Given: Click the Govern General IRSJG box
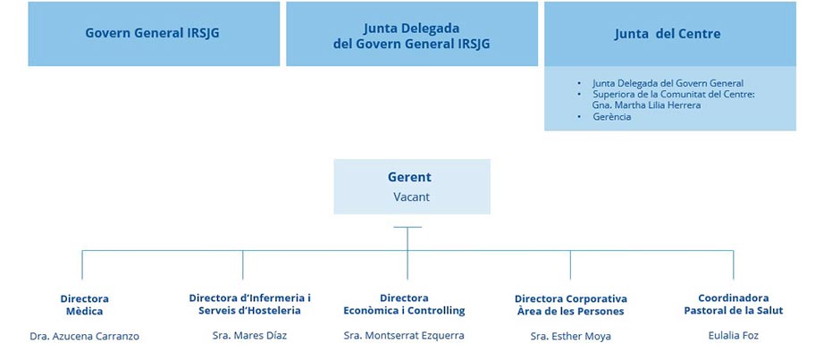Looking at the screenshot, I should pos(152,34).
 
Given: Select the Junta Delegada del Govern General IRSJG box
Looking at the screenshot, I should pos(411,35).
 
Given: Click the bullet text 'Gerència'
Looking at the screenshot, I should pos(612,117).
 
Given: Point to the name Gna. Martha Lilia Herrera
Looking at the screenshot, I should pos(646,105).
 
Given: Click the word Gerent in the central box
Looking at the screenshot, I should pos(409,177).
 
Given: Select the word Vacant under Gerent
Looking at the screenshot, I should pos(410,196).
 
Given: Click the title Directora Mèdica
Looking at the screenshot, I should pos(84,305).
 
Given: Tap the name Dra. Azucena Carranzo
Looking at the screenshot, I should pos(84,336).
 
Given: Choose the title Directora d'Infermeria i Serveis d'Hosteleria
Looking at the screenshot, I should pos(249,305).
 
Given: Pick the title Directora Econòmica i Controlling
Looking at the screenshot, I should pos(404,305).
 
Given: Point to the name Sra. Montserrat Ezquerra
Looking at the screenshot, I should pos(404,336).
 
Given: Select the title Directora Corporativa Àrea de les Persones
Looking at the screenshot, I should pos(570,305).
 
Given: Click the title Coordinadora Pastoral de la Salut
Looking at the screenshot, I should pos(733,305).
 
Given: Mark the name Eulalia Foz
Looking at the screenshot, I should pos(733,336).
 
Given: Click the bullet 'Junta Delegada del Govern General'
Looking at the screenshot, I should pos(668,83).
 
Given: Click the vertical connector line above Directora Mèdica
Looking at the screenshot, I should pos(82,266).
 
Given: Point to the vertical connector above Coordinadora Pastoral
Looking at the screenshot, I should pos(734,266).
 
